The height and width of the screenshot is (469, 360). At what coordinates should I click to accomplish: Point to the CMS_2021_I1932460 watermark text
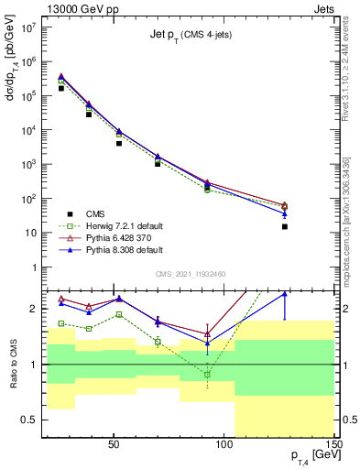tap(191, 274)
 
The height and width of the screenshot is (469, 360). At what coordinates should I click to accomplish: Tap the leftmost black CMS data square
tap(60, 88)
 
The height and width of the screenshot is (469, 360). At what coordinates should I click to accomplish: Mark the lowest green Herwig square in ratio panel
tap(208, 374)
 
